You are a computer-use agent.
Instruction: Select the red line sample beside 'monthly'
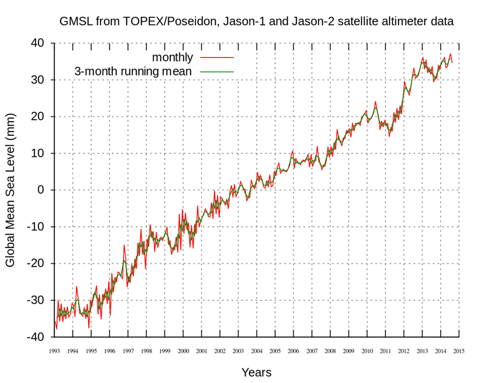click(217, 57)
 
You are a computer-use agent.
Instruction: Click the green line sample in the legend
click(217, 71)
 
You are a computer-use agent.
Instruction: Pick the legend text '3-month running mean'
click(133, 71)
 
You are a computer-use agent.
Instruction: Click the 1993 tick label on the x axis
click(54, 351)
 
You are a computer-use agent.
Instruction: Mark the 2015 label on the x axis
click(459, 351)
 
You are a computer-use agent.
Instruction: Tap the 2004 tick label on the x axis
click(257, 351)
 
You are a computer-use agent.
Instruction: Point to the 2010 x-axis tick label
click(367, 351)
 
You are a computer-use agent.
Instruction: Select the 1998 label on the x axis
click(146, 351)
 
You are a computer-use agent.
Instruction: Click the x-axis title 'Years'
click(257, 372)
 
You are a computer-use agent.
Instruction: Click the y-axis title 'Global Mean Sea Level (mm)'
click(11, 190)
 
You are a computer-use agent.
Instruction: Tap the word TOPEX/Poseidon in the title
click(152, 22)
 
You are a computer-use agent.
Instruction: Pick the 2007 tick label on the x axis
click(312, 351)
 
